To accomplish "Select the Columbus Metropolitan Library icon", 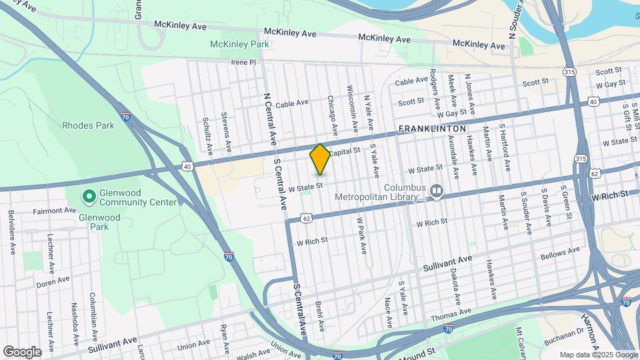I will pyautogui.click(x=437, y=191).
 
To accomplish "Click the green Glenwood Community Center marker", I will pyautogui.click(x=88, y=197).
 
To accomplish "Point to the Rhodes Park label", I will pyautogui.click(x=85, y=125).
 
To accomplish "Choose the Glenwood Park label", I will pyautogui.click(x=99, y=217).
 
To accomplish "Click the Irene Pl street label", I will pyautogui.click(x=243, y=62).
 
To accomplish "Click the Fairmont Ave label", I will pyautogui.click(x=55, y=211).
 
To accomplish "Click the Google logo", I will pyautogui.click(x=22, y=351).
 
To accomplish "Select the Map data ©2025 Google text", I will pyautogui.click(x=598, y=355).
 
